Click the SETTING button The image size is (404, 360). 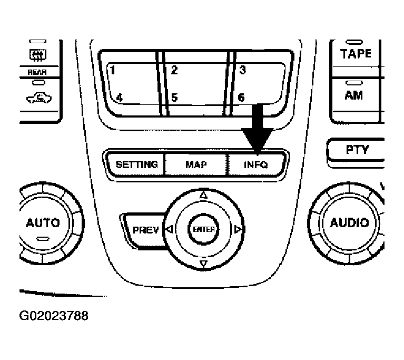click(x=136, y=164)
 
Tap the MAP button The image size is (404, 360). click(x=196, y=164)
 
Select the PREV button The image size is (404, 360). click(x=145, y=230)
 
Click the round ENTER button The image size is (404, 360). click(x=203, y=229)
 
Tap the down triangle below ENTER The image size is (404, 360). click(x=203, y=264)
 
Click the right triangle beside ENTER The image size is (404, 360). click(x=238, y=230)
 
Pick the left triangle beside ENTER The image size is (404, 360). click(x=169, y=230)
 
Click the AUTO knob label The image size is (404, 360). click(x=43, y=222)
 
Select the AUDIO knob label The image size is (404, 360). click(x=349, y=222)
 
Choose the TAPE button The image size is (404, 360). click(x=356, y=54)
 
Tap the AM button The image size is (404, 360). click(x=353, y=95)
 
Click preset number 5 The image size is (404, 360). click(x=174, y=98)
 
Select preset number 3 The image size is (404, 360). click(x=242, y=70)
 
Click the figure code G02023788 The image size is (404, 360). click(x=53, y=316)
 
